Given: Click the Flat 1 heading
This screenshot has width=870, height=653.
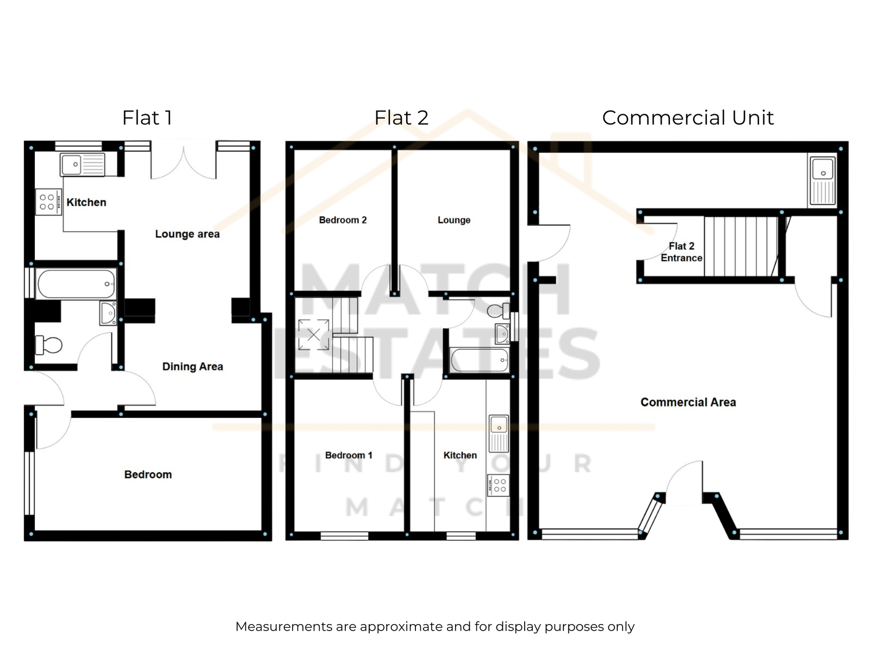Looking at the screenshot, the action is [x=147, y=118].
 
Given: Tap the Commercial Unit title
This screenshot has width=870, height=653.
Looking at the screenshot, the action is [x=688, y=118].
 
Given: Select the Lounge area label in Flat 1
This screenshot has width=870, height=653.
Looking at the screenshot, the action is [x=187, y=234].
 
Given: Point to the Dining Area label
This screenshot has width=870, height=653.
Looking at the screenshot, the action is [x=192, y=366].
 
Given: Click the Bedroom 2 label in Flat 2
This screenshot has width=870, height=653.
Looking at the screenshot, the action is [x=343, y=220].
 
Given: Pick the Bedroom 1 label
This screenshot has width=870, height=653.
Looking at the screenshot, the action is [x=349, y=455].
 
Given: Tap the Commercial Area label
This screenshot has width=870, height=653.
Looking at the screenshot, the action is [x=688, y=402].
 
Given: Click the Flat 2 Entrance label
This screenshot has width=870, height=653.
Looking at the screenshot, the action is [x=681, y=252].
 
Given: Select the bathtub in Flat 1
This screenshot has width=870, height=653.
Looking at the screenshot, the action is [x=76, y=284].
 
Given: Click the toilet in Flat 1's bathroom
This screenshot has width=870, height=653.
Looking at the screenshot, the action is [x=49, y=345].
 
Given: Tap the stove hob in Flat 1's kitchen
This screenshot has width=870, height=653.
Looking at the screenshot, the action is [x=48, y=202].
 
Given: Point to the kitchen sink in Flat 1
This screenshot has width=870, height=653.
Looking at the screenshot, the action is [x=83, y=164].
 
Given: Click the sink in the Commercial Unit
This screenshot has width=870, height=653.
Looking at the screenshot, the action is [x=823, y=181].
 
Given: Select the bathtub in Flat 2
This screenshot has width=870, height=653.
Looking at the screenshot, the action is [x=480, y=360].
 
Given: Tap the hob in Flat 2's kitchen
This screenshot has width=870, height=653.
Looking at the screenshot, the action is [x=498, y=485].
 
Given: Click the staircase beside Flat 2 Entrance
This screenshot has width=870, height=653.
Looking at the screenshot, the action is [x=741, y=246].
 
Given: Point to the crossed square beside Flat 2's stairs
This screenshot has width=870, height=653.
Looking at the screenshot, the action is [x=314, y=335].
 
